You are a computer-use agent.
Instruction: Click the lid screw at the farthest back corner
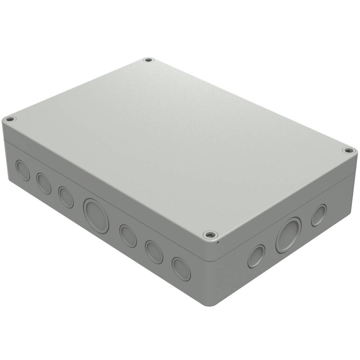148,60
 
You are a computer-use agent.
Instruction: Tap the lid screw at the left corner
10,119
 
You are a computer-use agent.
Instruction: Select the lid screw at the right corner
347,150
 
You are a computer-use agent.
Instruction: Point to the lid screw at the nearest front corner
210,235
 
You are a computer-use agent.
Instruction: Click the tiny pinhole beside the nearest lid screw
218,242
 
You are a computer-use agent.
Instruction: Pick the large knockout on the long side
96,215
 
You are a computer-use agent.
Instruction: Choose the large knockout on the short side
288,235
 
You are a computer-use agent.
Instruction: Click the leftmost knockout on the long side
23,170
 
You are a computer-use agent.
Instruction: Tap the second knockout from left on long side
44,183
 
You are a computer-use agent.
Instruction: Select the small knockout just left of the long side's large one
66,197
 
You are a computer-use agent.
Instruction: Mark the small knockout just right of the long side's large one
128,236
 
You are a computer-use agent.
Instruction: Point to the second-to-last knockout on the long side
154,252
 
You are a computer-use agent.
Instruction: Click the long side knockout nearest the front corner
181,269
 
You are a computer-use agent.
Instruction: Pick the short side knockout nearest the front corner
256,256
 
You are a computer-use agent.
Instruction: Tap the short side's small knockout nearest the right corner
319,215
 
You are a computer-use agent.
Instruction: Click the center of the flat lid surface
176,144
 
